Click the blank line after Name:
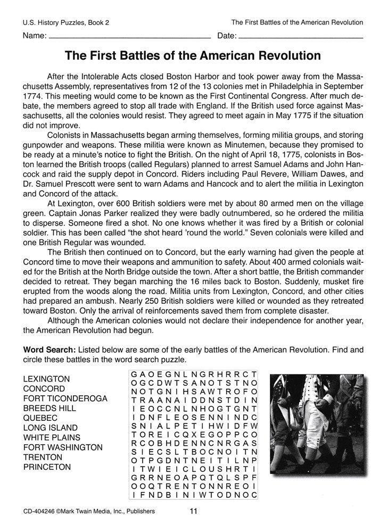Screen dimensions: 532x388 (129, 38)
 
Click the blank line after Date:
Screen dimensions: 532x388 (300, 38)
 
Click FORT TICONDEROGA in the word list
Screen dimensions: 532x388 (65, 398)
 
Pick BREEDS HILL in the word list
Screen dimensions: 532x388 (49, 408)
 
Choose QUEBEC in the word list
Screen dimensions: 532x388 (41, 418)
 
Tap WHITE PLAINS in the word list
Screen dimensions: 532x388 (52, 437)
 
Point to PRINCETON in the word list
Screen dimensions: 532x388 (47, 467)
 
